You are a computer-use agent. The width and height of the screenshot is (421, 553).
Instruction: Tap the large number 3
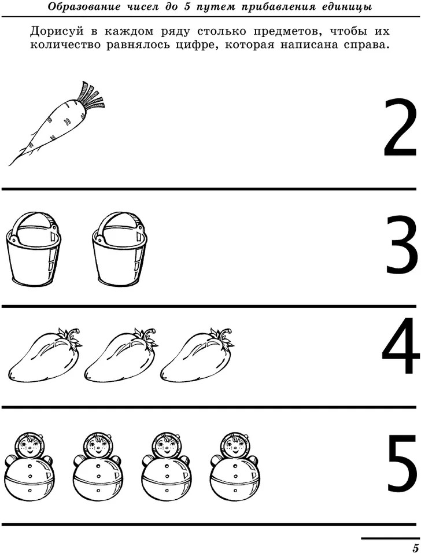coord(401,245)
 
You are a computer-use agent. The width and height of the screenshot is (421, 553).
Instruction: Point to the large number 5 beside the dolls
coord(402,464)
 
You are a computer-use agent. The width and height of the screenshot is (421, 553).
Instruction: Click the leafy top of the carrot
coord(93,97)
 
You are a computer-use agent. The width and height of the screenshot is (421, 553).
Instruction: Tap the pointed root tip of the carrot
coord(10,164)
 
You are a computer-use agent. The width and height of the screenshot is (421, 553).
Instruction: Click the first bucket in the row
coord(34,248)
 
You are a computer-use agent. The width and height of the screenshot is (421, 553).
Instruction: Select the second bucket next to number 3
coord(120,248)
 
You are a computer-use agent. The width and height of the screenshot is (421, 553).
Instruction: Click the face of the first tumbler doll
coord(29,447)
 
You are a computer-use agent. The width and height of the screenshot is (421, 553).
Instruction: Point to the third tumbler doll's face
coord(166,447)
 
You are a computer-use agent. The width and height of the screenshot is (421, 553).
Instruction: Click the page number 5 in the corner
coord(415,547)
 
